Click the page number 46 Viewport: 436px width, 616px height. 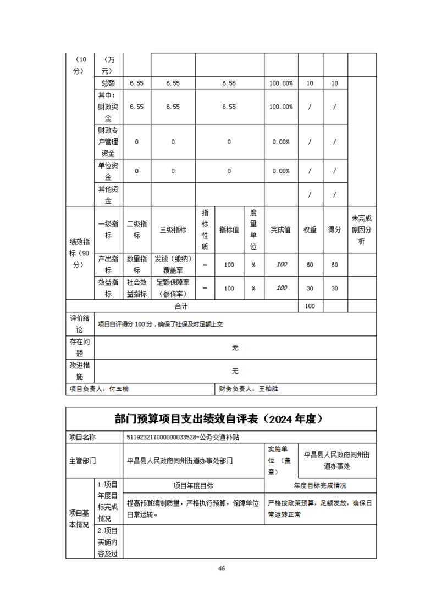pos(222,568)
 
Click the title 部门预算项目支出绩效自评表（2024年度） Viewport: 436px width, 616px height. pos(218,419)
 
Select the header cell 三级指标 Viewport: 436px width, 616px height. pos(173,230)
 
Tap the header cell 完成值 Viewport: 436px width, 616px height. pos(281,230)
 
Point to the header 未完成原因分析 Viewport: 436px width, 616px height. pos(361,229)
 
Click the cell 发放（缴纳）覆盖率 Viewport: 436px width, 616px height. pos(173,265)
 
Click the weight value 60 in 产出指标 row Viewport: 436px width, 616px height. pos(310,265)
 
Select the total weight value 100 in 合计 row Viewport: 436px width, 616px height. pos(310,306)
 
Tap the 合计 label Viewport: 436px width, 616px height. pos(181,306)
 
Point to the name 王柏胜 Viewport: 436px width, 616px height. pos(268,389)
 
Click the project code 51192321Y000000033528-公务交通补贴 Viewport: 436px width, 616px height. pos(186,438)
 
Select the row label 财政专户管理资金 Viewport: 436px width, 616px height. pos(108,142)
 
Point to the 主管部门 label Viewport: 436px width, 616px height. pos(82,461)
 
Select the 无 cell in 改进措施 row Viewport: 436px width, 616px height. pos(235,371)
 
